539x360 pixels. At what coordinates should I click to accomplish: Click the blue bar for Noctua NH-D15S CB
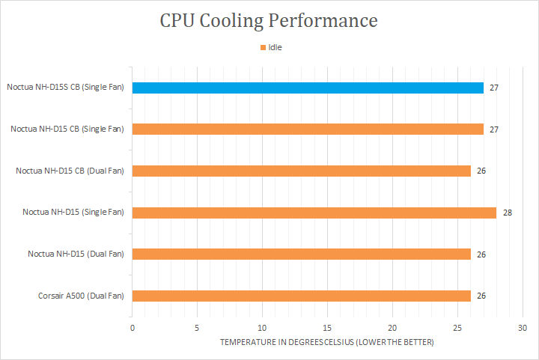(x=308, y=88)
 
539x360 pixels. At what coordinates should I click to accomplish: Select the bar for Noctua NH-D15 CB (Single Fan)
(x=308, y=129)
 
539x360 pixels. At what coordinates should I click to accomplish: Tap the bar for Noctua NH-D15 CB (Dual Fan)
(x=301, y=171)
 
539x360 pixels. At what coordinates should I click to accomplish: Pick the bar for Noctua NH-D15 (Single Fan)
(x=314, y=213)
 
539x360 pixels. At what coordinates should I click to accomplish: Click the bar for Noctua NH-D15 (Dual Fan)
(x=301, y=254)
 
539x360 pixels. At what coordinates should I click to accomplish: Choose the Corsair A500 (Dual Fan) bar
(x=301, y=296)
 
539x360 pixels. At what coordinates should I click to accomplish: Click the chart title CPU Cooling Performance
(x=269, y=20)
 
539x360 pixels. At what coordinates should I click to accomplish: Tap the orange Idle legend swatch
(x=263, y=47)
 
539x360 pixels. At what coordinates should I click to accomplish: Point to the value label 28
(x=507, y=213)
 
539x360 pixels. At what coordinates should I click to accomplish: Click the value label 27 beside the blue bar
(x=494, y=88)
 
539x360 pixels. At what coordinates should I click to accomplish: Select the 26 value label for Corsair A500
(x=481, y=296)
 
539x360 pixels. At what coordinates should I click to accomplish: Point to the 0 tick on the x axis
(x=133, y=328)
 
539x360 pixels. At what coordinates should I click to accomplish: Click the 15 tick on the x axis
(x=327, y=328)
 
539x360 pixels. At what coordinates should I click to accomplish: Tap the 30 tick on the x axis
(x=522, y=328)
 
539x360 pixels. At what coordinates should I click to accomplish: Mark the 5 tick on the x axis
(x=197, y=328)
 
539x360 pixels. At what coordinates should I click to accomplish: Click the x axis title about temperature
(x=326, y=342)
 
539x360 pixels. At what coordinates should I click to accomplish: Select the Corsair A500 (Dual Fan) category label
(x=81, y=296)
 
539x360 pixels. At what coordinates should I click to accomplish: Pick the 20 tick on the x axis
(x=392, y=328)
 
